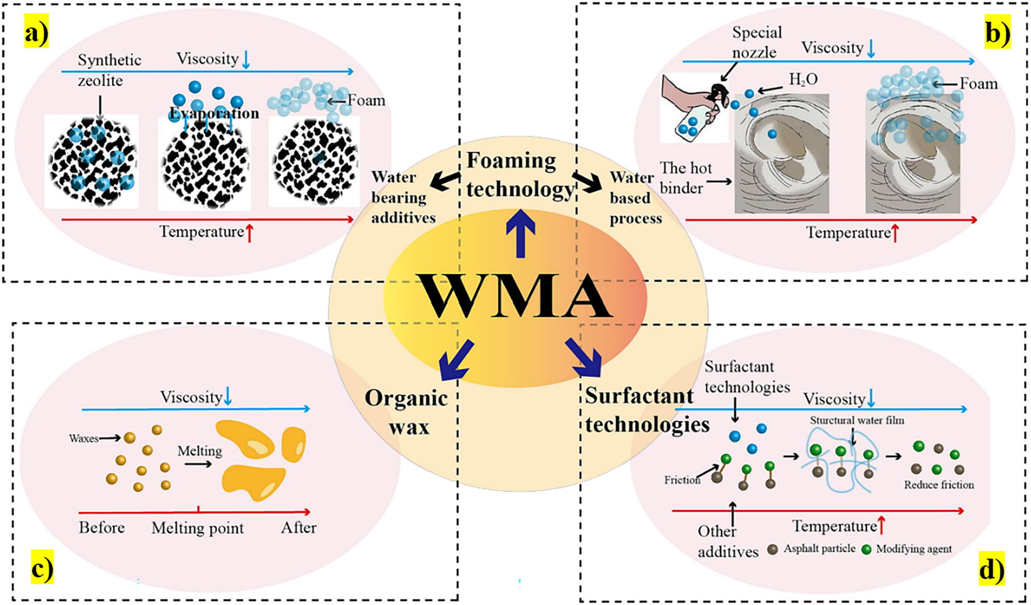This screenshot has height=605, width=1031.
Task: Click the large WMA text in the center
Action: click(515, 297)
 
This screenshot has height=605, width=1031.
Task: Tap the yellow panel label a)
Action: click(36, 34)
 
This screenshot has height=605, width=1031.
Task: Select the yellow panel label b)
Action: click(997, 34)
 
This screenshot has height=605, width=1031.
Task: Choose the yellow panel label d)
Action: click(992, 570)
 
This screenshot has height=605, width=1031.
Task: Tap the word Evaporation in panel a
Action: click(214, 113)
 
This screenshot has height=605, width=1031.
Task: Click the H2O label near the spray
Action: click(803, 80)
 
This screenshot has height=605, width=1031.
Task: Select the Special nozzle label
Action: click(756, 42)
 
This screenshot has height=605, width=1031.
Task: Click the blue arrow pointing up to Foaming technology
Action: click(520, 233)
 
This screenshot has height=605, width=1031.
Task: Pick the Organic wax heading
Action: click(406, 412)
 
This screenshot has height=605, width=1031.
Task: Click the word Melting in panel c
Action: click(200, 451)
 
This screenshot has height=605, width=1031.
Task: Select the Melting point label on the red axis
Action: click(198, 528)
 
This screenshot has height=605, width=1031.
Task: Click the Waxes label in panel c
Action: click(84, 439)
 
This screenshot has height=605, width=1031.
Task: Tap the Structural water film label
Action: click(857, 420)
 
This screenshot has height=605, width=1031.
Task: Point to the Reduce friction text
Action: click(939, 485)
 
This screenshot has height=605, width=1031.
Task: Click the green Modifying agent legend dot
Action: click(866, 549)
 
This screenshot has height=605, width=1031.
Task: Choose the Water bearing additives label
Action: click(402, 198)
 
